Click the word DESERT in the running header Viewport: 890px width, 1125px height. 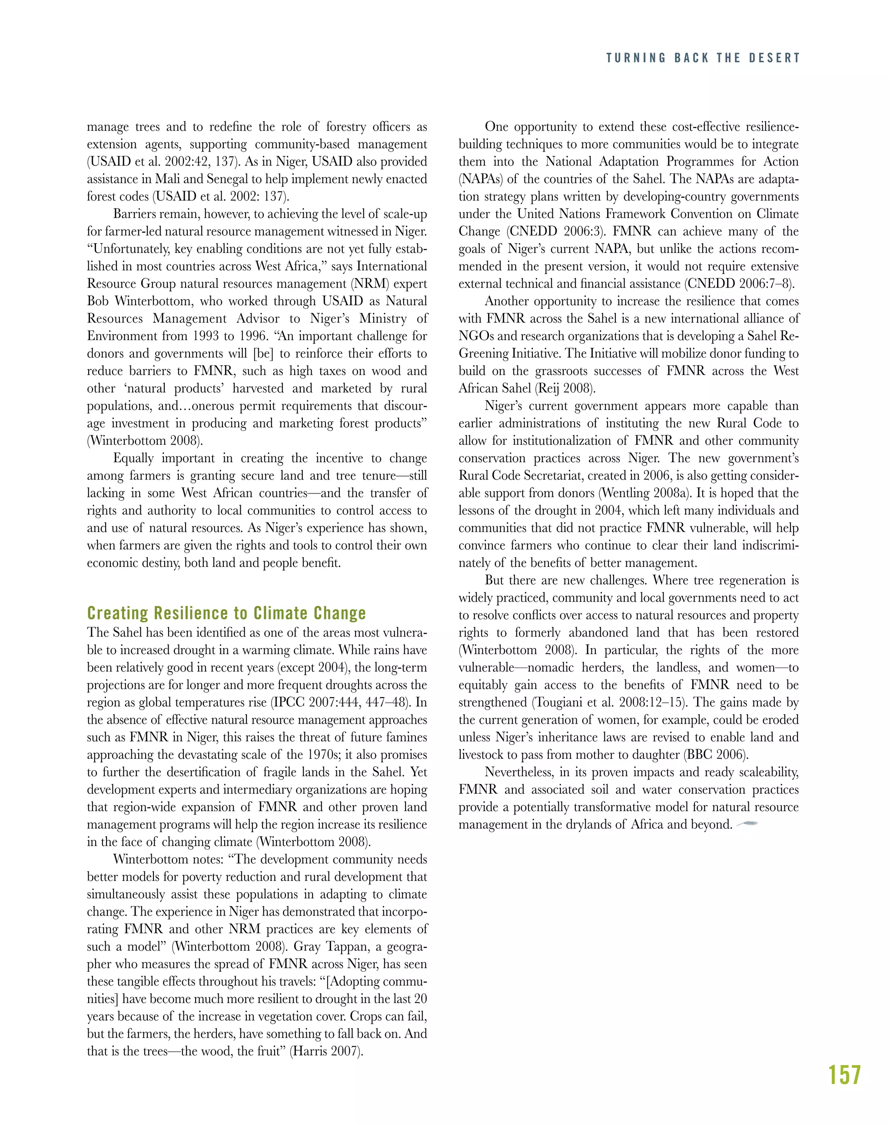774,58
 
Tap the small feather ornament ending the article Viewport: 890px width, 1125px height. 747,824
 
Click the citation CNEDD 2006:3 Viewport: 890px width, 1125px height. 555,231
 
